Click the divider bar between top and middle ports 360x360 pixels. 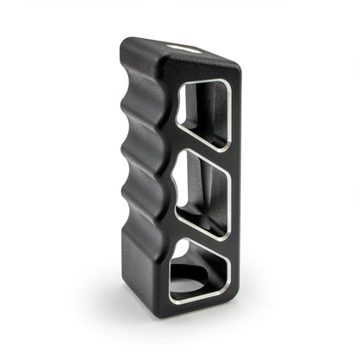tap(204, 156)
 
